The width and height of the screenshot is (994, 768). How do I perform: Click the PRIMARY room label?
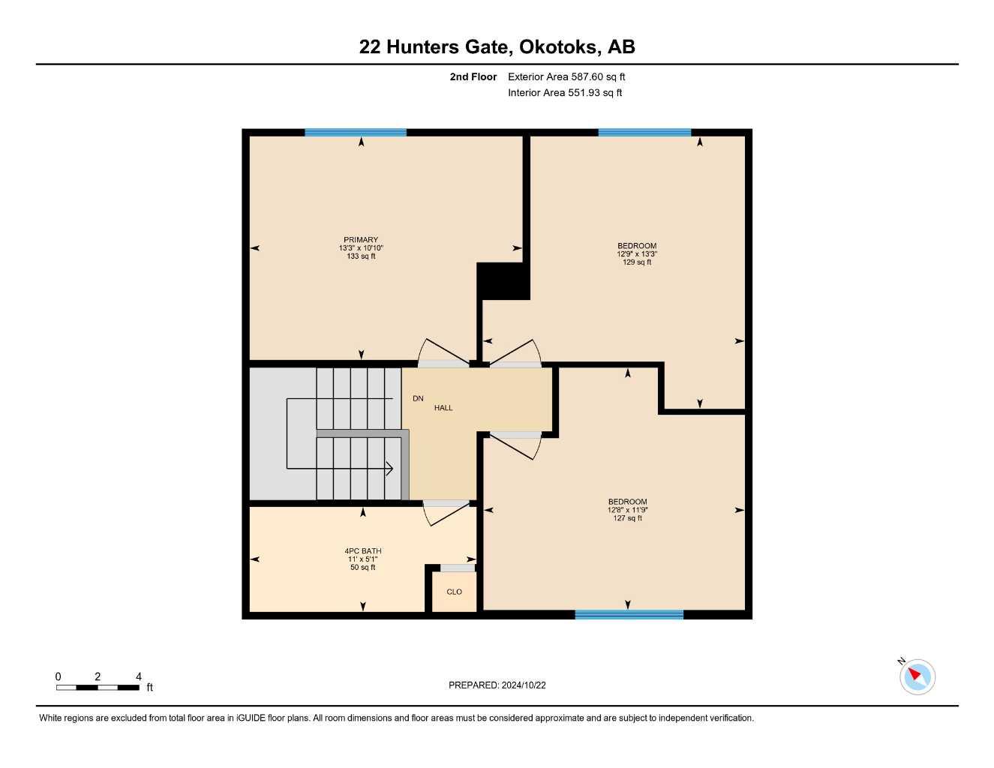361,240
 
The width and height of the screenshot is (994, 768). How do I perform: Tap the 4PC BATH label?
363,551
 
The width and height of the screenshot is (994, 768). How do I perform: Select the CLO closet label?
454,592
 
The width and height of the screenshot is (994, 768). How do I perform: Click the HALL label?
443,408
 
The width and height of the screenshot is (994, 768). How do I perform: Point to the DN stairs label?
418,398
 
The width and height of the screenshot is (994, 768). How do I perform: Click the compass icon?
917,676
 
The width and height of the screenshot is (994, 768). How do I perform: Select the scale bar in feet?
98,687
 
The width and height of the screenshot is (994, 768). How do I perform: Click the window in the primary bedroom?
356,133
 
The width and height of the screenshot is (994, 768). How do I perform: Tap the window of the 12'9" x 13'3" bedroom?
644,133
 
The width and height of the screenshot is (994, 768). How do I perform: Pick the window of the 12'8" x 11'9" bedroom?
629,614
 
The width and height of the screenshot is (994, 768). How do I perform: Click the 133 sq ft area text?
361,256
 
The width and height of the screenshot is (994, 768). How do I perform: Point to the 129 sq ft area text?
637,262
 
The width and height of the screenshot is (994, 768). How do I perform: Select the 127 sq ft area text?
628,518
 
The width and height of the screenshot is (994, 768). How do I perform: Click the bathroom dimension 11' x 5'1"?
363,559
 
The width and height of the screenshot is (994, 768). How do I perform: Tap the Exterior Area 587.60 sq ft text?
566,76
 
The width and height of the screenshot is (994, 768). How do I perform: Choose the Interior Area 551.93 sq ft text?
565,93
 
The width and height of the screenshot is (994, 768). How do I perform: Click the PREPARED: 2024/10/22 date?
497,685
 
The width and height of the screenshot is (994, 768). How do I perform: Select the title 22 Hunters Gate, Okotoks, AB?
497,46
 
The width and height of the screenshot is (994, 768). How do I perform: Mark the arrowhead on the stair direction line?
389,469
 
